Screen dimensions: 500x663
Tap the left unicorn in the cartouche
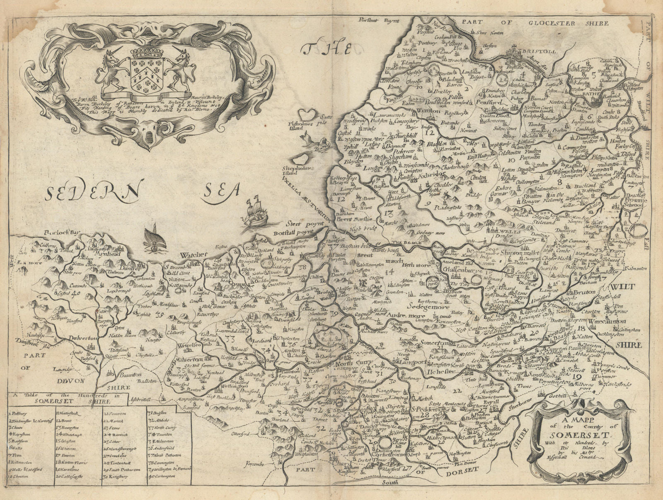(x=114, y=68)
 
